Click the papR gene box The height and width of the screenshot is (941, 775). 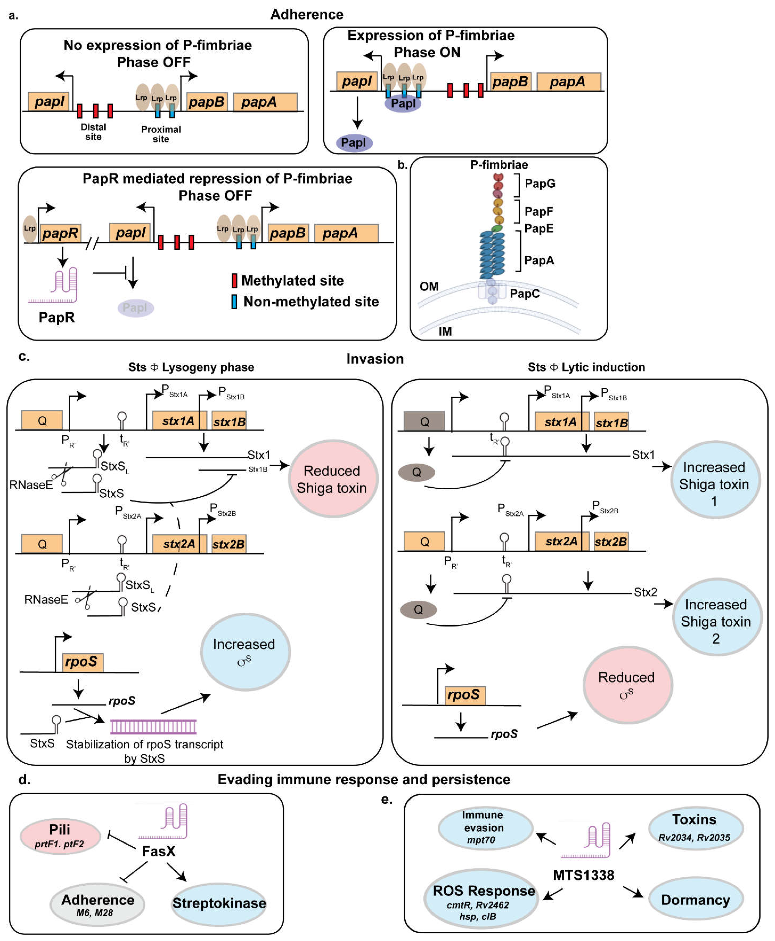point(60,233)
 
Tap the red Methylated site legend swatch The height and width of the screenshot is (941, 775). point(234,281)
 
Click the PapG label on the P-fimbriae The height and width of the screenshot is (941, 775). point(540,184)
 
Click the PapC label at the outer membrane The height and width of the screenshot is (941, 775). point(524,294)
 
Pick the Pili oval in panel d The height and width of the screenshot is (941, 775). point(60,836)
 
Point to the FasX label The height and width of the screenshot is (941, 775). point(158,851)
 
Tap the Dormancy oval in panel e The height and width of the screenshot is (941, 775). point(695,900)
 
